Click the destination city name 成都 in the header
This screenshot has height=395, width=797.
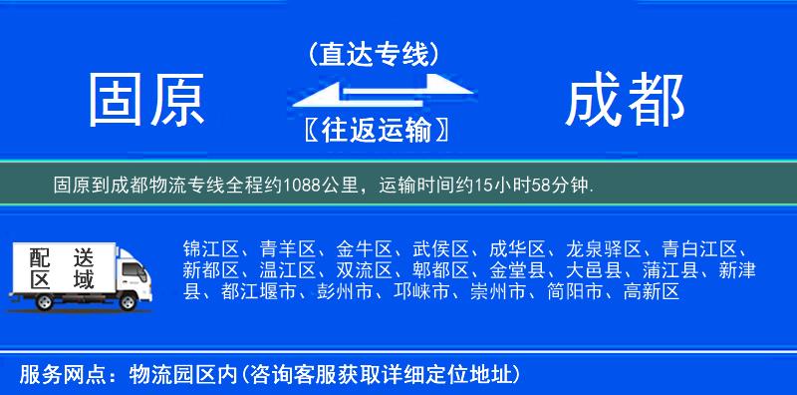(x=625, y=101)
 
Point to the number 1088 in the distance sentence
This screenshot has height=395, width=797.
(x=304, y=185)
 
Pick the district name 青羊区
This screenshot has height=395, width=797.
(x=287, y=248)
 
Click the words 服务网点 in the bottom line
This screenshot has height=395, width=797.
(x=51, y=375)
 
